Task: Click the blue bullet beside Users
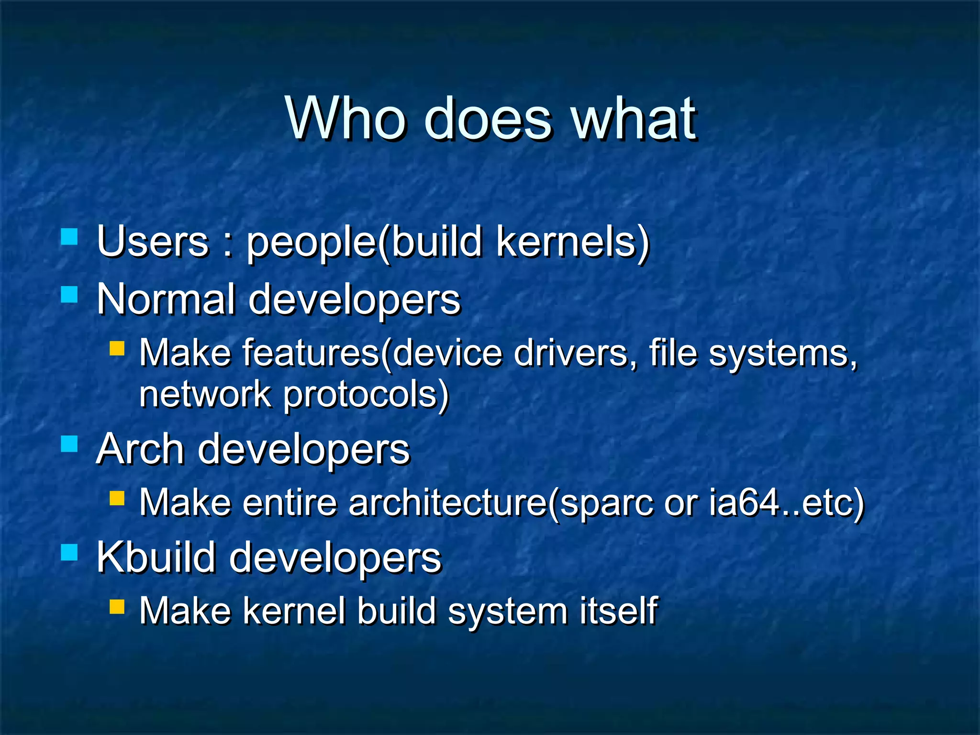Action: point(69,236)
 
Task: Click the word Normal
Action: point(166,300)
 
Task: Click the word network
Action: point(205,394)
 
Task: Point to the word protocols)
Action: point(366,395)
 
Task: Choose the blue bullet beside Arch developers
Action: point(69,444)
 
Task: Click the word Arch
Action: point(141,449)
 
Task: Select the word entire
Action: point(290,503)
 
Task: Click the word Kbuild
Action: point(156,557)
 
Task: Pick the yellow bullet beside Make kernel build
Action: point(117,607)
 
